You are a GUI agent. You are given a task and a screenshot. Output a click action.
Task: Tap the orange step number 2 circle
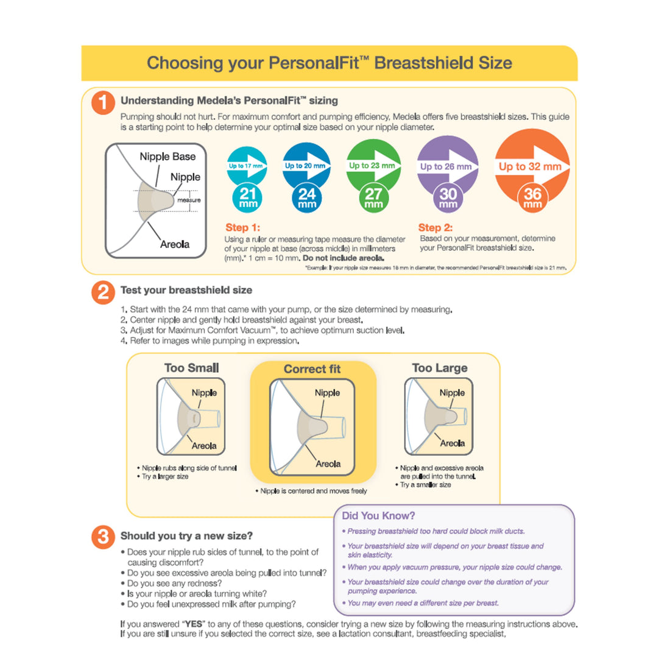[x=103, y=292]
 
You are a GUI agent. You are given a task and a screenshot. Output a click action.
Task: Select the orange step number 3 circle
[x=103, y=537]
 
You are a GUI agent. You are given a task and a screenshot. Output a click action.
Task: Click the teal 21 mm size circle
[x=247, y=197]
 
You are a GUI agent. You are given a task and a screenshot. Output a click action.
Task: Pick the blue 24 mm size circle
[x=307, y=197]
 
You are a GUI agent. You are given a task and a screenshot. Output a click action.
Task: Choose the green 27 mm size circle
[x=373, y=197]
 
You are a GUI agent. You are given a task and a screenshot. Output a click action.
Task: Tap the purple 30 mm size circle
[x=448, y=197]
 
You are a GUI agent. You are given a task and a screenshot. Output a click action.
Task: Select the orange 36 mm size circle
[x=532, y=197]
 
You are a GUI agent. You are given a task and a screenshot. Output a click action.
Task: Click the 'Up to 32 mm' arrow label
[x=530, y=167]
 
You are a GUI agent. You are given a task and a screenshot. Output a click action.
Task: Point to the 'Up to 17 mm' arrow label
[x=245, y=166]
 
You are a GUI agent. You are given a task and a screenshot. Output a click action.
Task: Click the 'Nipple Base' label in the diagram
[x=167, y=157]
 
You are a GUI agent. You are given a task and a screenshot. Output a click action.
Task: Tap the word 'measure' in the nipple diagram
[x=189, y=200]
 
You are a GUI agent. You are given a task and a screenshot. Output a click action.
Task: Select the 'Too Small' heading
[x=191, y=368]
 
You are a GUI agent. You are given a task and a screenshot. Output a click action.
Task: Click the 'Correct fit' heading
[x=312, y=369]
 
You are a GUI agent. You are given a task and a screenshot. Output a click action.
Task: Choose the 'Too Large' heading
[x=439, y=368]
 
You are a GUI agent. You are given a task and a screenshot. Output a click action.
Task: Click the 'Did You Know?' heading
[x=378, y=516]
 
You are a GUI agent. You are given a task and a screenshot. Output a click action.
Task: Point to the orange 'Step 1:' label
[x=242, y=228]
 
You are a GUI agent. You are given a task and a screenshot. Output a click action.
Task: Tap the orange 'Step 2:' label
[x=435, y=228]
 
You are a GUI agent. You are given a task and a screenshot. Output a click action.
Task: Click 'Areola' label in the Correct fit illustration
[x=328, y=464]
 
